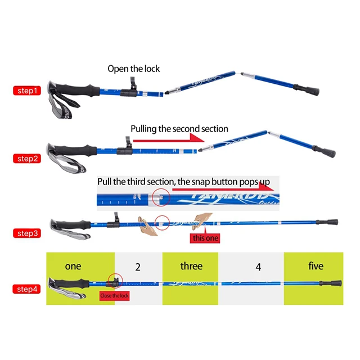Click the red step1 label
pos(27,90)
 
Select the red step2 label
pos(27,159)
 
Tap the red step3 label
pos(27,233)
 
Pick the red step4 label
pos(27,289)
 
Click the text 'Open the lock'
pos(134,69)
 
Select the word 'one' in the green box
pos(73,266)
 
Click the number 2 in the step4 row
pos(138,266)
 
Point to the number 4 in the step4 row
pos(258,267)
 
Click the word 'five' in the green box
pos(316,266)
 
